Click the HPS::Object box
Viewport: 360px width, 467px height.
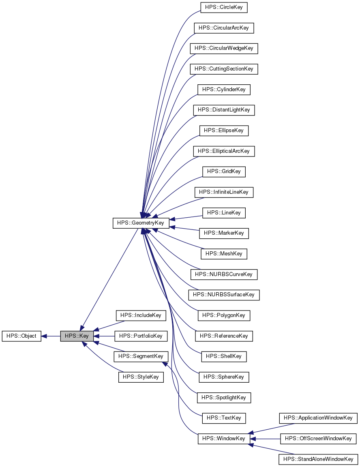click(x=21, y=336)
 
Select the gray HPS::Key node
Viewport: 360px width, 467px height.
click(x=77, y=336)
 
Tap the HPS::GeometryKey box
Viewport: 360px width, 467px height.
click(x=141, y=223)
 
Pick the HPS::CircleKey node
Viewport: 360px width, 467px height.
click(x=224, y=7)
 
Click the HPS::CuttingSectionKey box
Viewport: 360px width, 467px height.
click(x=224, y=69)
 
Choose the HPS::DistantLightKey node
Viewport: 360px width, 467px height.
click(x=224, y=110)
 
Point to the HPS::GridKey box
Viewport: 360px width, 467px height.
click(x=224, y=171)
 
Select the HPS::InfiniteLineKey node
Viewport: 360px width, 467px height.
click(x=224, y=192)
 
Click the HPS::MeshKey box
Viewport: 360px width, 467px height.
click(x=224, y=254)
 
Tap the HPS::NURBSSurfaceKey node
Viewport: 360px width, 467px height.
click(x=224, y=295)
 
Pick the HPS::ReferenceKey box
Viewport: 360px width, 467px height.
click(x=224, y=336)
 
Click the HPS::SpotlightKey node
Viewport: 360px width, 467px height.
click(x=224, y=398)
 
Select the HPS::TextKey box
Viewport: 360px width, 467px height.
click(x=224, y=418)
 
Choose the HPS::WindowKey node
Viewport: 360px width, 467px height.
click(x=224, y=439)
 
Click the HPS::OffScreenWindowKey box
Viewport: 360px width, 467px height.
click(x=318, y=439)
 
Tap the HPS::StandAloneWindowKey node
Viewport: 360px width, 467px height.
click(x=318, y=459)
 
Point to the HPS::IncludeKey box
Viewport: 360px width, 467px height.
click(x=141, y=315)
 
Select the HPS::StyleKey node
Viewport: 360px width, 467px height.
click(x=141, y=377)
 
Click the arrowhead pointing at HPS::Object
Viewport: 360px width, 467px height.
click(x=45, y=336)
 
